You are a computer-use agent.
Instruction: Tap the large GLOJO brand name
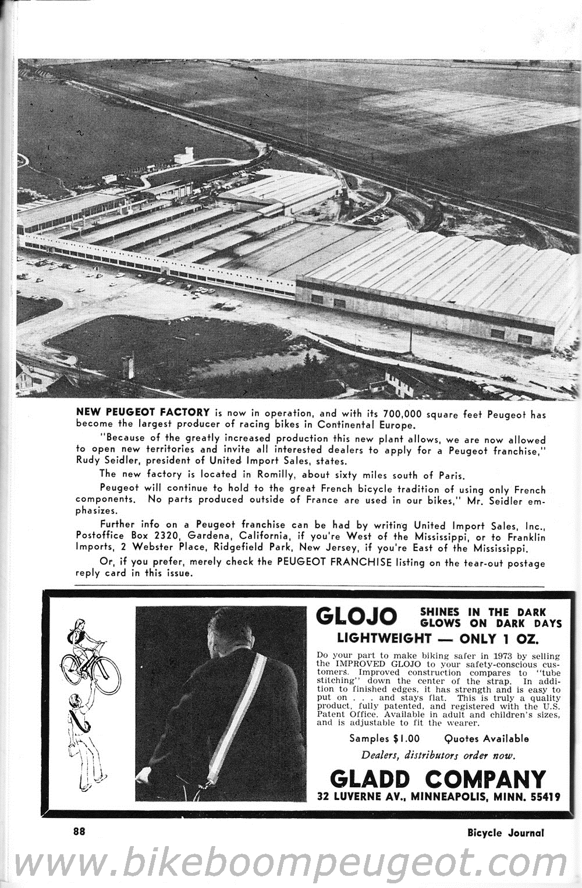(x=356, y=616)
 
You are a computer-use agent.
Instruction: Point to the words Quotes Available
(x=487, y=738)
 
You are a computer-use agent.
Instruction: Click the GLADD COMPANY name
(x=438, y=779)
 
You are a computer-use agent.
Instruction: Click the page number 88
(x=79, y=832)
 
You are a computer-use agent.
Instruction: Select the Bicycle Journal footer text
(x=505, y=833)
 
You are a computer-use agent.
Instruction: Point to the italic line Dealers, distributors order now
(x=438, y=756)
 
